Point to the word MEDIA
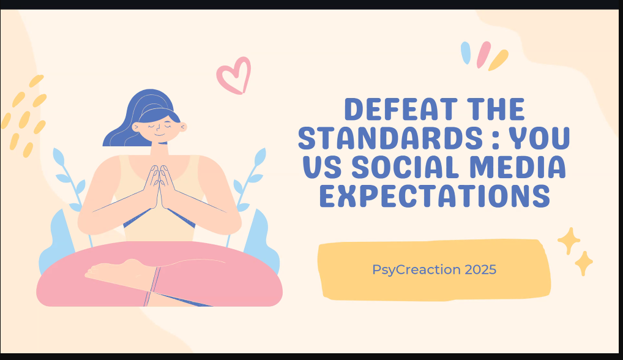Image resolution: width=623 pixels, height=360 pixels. pos(518,167)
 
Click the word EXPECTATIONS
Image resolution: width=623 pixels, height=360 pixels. pos(435,196)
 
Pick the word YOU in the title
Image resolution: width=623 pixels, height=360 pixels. pos(540,138)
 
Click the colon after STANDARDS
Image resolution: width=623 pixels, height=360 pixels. pos(495,139)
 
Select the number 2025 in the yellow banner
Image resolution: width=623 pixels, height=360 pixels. pos(480,270)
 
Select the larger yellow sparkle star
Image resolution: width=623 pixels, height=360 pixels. pos(569,241)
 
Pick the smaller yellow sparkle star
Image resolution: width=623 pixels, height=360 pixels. pos(584,263)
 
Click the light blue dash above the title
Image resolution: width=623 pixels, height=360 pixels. pos(466,53)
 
